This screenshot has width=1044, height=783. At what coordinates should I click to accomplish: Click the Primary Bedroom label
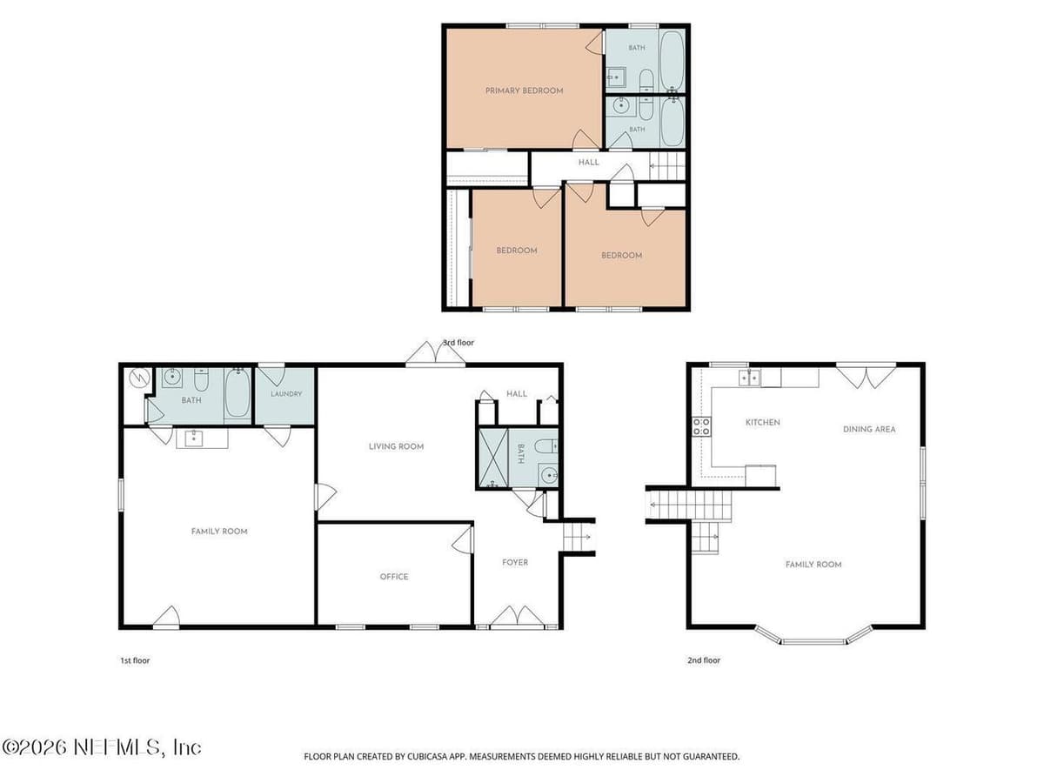point(524,90)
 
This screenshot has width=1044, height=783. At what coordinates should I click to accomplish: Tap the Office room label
point(394,577)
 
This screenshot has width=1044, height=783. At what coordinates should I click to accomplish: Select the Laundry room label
point(286,393)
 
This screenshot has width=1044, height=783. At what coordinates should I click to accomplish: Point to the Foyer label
point(515,562)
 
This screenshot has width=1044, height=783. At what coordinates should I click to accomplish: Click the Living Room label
point(396,446)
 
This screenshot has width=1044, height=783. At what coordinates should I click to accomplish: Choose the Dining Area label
point(869,429)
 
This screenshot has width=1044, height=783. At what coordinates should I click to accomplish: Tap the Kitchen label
point(762,422)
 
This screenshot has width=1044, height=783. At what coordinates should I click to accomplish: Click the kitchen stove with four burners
point(701,426)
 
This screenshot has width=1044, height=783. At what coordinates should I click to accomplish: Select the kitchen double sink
point(749,378)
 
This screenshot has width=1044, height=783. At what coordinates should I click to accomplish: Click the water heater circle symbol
point(140,378)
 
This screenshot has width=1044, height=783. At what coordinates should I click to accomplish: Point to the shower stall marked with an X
point(493,458)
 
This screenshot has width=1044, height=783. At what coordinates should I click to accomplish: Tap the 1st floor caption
point(135,660)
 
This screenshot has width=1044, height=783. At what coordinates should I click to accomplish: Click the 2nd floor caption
point(704,660)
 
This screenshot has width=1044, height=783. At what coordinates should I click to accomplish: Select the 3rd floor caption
point(458,342)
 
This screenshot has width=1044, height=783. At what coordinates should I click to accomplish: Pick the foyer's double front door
point(517,617)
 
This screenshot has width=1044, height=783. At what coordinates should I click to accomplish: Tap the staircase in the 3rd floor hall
point(667,166)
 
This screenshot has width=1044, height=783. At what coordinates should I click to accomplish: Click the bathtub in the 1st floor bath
point(238,392)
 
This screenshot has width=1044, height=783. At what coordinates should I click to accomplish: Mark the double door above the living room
point(435,354)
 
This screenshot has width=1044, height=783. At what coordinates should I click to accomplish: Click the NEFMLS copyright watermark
point(101,748)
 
